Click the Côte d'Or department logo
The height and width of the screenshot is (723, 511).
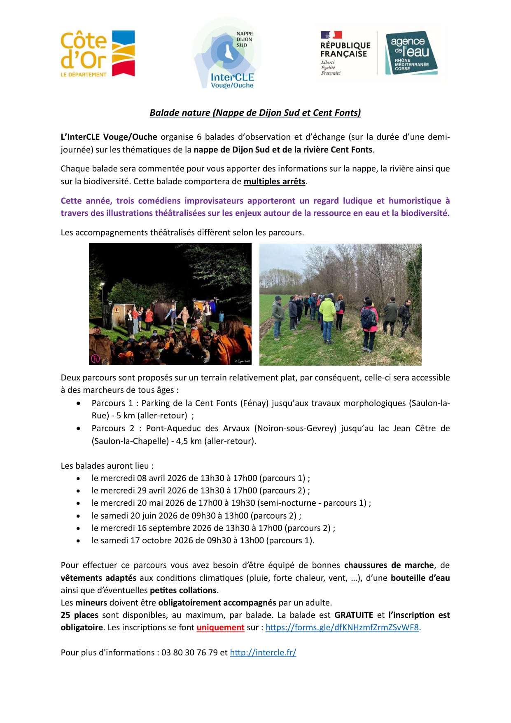98,54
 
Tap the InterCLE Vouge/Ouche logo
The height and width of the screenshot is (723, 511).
227,54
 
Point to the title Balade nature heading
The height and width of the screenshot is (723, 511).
255,113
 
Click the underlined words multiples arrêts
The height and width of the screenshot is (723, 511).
274,181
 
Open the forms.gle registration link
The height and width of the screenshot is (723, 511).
342,627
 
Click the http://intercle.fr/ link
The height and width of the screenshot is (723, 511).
263,653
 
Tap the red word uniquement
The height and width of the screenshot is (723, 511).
220,627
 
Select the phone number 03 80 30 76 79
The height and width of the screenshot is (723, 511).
189,653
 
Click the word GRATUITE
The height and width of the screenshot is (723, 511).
353,615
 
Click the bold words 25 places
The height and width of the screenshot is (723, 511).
79,615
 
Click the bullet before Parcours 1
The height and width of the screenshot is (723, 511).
78,403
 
